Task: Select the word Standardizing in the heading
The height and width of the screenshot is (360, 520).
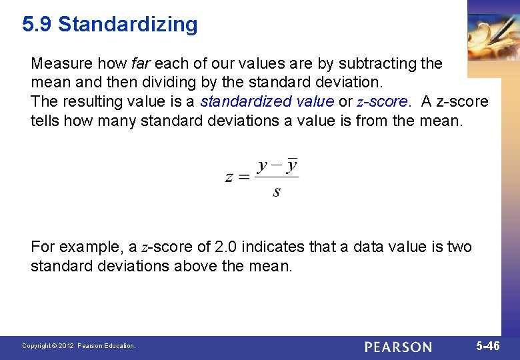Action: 128,25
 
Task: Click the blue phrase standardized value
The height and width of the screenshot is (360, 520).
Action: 267,102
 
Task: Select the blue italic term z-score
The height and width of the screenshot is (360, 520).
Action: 382,102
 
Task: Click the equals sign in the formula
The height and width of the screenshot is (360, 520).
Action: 245,177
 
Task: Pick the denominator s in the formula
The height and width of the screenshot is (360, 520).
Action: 277,192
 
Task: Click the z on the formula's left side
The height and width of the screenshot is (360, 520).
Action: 229,177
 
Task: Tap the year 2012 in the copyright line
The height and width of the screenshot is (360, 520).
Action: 66,346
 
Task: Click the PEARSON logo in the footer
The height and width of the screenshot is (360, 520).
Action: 398,347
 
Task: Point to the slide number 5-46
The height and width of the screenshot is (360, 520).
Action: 487,346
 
